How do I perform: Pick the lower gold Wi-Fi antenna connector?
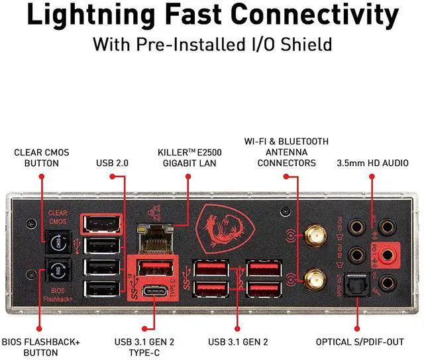(313, 279)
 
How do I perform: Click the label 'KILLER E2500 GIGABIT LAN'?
(189, 156)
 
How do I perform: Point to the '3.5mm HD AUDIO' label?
(372, 162)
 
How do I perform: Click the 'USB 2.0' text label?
(112, 162)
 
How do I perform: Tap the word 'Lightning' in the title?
(90, 16)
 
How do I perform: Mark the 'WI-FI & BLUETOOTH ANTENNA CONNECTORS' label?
(286, 152)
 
